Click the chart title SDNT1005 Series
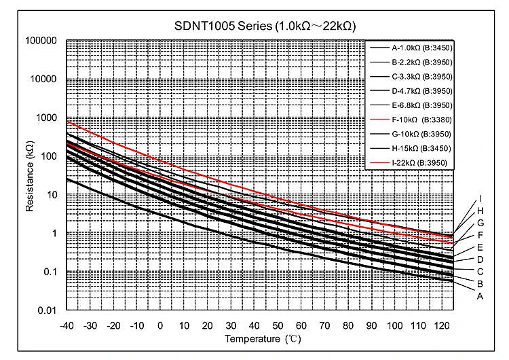(x=265, y=26)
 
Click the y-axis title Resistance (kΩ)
(x=31, y=175)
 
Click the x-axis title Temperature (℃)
(x=259, y=338)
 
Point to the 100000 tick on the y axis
(x=41, y=41)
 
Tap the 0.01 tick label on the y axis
(x=48, y=311)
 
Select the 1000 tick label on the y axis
(x=46, y=118)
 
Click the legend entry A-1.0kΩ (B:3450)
(x=421, y=48)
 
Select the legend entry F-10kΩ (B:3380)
(x=421, y=120)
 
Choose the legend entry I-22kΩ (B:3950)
(x=421, y=162)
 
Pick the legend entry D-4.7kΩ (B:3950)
(x=421, y=91)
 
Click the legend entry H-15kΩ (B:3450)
(x=421, y=148)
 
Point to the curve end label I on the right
(x=480, y=198)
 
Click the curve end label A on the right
(x=480, y=296)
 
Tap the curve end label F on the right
(x=480, y=235)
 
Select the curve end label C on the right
(x=480, y=272)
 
